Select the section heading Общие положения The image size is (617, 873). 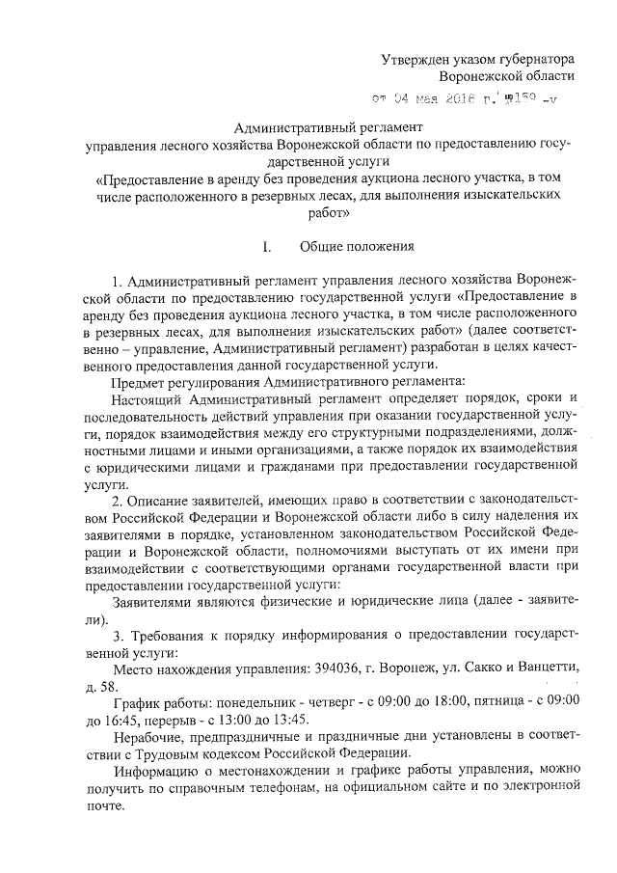pyautogui.click(x=357, y=246)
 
